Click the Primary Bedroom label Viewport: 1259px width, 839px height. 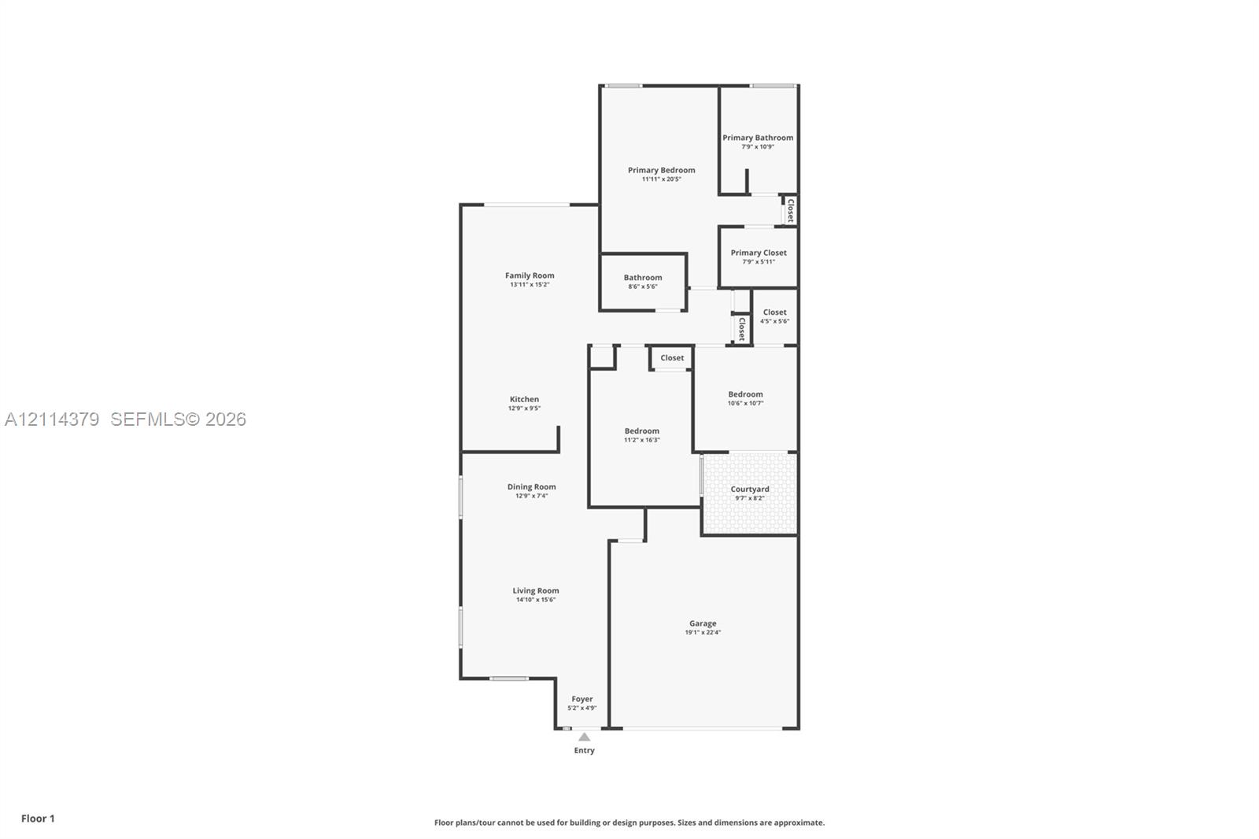tap(661, 170)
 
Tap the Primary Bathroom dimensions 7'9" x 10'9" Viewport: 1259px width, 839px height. tap(758, 146)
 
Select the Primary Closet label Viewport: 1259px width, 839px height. tap(759, 253)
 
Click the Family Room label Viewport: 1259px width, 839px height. tap(530, 275)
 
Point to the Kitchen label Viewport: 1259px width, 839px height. tap(524, 399)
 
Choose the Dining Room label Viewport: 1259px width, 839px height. tap(531, 486)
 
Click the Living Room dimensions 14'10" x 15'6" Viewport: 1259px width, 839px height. tap(536, 600)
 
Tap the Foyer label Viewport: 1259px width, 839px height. tap(582, 698)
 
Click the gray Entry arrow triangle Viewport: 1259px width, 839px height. tap(584, 737)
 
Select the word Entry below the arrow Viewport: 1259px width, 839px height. tap(584, 750)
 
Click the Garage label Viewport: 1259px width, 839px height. tap(703, 623)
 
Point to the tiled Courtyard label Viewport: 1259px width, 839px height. tap(750, 489)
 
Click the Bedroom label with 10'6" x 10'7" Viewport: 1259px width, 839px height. tap(745, 394)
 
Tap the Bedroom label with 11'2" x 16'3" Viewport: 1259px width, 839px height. tap(642, 431)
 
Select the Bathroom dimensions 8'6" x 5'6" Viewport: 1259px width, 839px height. tap(642, 286)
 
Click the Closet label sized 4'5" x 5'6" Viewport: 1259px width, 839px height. tap(774, 312)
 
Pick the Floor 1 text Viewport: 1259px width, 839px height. tap(38, 819)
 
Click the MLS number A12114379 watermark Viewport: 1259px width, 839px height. tap(52, 419)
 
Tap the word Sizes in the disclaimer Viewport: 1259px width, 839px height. tap(688, 822)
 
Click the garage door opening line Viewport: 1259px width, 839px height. tap(702, 729)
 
